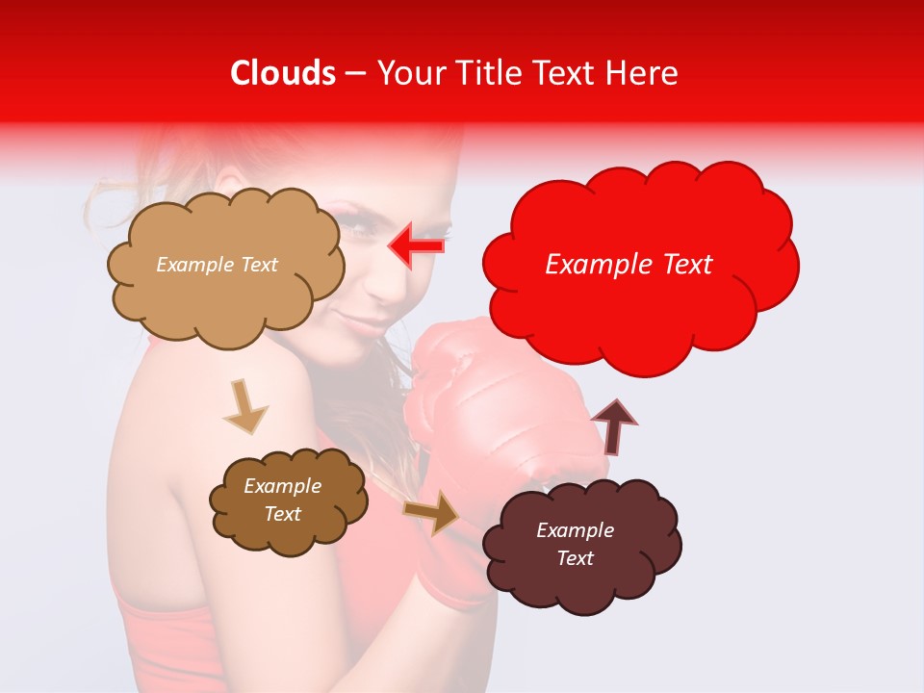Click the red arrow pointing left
pos(415,246)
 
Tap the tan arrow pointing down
pos(244,407)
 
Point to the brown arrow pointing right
pos(432,512)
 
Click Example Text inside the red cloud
pos(629,265)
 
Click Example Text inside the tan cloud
pos(217,265)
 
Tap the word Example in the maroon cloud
pos(575,530)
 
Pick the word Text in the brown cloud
pos(283,514)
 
